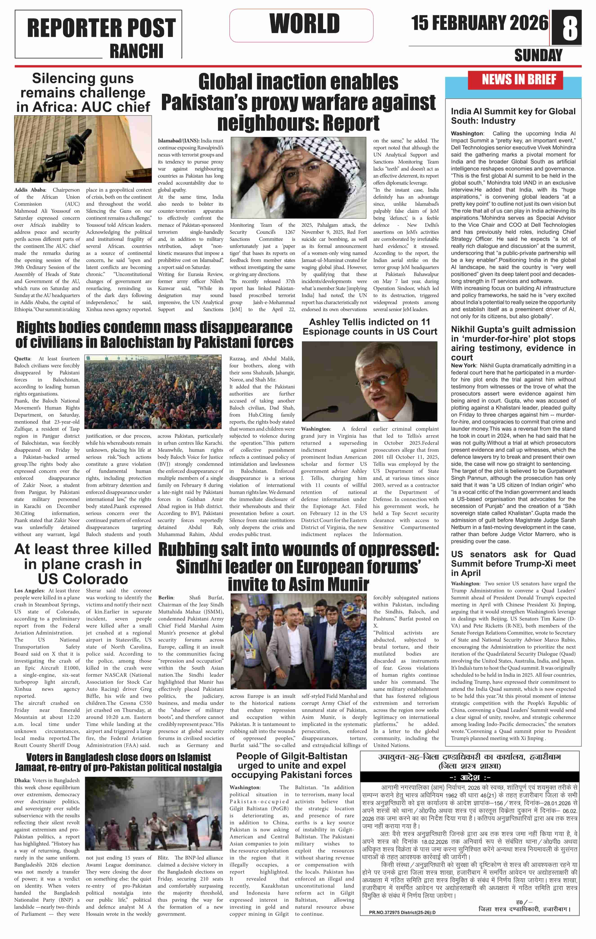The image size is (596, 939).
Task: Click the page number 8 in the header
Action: point(570,27)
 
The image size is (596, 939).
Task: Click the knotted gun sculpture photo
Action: point(83,149)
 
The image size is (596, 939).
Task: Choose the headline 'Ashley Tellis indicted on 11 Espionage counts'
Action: point(370,327)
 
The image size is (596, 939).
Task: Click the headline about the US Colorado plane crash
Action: point(83,564)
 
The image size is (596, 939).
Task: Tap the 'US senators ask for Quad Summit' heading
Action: point(513,564)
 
